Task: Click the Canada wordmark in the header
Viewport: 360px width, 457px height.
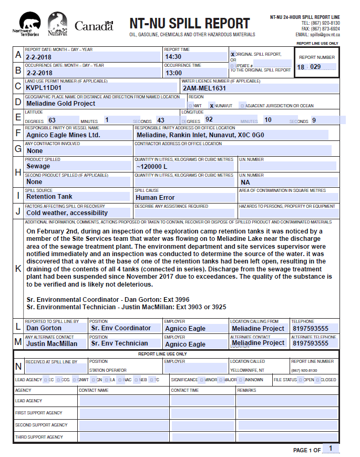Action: (x=94, y=26)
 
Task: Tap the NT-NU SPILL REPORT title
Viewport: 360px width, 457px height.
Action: (x=190, y=24)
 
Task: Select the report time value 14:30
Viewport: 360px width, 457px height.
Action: (x=173, y=57)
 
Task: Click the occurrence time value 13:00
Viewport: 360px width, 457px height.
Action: (x=173, y=73)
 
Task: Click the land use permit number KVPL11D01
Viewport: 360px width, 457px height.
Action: (x=44, y=88)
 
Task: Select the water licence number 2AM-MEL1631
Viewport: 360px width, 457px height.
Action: (x=204, y=88)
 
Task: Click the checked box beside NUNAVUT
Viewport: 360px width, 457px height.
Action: (x=211, y=106)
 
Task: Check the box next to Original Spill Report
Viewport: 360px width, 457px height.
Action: (x=232, y=54)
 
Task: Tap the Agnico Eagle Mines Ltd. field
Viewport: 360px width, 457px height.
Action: (x=63, y=135)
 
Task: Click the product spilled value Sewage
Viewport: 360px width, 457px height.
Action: (x=38, y=166)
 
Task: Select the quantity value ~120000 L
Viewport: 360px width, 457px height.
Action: (x=151, y=166)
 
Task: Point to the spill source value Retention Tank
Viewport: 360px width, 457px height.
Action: (x=49, y=197)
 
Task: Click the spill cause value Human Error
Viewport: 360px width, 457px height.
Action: (x=155, y=198)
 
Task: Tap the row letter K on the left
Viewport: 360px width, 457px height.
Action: (x=18, y=268)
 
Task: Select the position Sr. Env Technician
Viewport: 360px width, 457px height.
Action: (x=120, y=343)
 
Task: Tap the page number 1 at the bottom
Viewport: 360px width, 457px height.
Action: (x=330, y=449)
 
